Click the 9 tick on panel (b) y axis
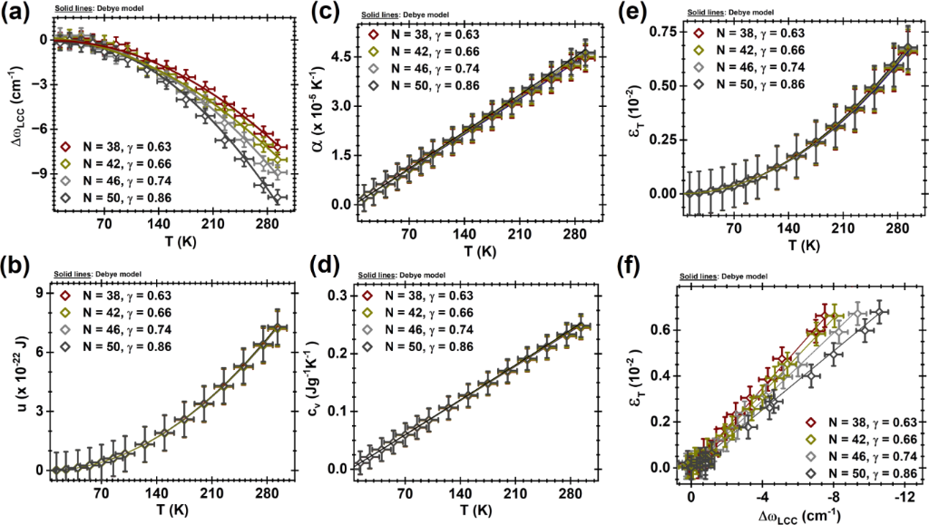[40, 292]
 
